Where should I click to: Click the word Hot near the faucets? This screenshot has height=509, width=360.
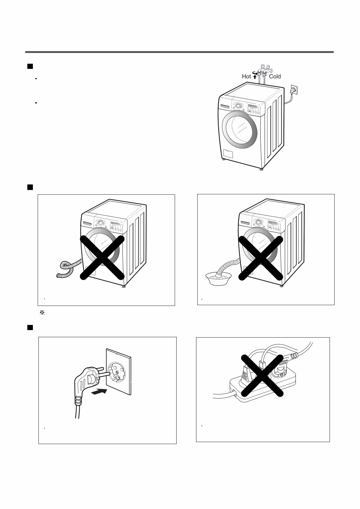pyautogui.click(x=246, y=76)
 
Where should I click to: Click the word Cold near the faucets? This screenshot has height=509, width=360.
pyautogui.click(x=275, y=76)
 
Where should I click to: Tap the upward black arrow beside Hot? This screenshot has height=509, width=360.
pyautogui.click(x=255, y=76)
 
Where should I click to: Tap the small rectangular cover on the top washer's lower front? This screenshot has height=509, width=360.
pyautogui.click(x=227, y=154)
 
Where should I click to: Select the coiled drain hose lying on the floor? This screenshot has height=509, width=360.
pyautogui.click(x=67, y=268)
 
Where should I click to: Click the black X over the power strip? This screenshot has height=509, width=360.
pyautogui.click(x=263, y=375)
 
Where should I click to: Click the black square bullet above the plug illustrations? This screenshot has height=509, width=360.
pyautogui.click(x=29, y=328)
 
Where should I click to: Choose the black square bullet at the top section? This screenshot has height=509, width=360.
pyautogui.click(x=29, y=66)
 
